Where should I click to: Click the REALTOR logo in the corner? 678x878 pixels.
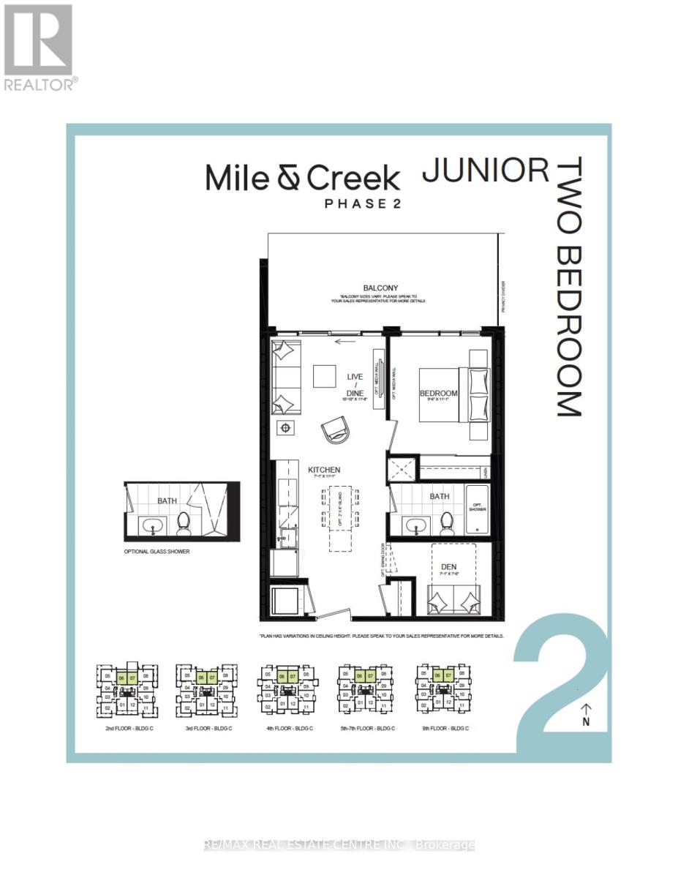click(38, 46)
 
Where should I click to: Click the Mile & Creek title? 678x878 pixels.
click(302, 178)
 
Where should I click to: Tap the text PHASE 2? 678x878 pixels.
click(364, 204)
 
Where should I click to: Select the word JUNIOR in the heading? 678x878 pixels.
click(486, 170)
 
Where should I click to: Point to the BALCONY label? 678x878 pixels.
click(380, 289)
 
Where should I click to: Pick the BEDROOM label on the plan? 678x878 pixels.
click(438, 394)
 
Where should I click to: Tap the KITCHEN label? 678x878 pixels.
click(323, 470)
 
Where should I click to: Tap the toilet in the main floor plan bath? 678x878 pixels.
click(446, 522)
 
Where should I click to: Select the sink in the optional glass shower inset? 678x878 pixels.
click(154, 523)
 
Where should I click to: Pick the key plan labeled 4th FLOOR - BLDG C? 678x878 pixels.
click(286, 688)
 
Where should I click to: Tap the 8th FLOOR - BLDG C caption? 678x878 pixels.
click(441, 728)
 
